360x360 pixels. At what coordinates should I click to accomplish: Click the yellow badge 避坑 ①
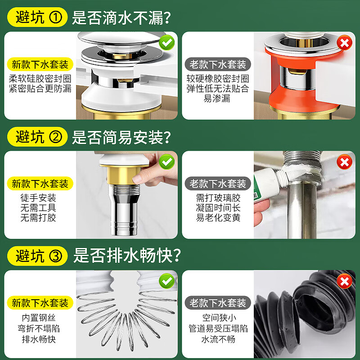[37, 17]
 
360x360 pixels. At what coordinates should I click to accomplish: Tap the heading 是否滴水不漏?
[121, 18]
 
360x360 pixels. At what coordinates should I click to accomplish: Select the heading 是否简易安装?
[121, 137]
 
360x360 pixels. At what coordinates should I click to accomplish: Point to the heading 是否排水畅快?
[127, 256]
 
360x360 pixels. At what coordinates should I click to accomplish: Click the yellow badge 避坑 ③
[37, 256]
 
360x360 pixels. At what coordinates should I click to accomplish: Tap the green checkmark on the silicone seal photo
[167, 42]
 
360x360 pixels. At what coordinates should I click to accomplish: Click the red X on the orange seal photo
[344, 43]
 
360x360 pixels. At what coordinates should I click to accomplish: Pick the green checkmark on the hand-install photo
[167, 162]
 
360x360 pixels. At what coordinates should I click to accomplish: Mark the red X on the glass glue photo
[344, 162]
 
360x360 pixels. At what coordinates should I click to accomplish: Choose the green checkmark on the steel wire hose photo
[167, 281]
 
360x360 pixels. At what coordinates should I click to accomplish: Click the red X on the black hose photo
[344, 281]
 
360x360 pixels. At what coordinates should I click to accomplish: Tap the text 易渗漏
[217, 99]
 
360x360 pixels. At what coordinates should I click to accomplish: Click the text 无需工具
[38, 208]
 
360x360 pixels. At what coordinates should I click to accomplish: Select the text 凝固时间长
[218, 208]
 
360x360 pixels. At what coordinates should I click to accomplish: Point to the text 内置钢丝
[39, 318]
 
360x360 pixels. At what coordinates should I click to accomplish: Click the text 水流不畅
[218, 339]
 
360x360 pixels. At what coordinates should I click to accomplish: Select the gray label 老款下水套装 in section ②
[218, 184]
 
